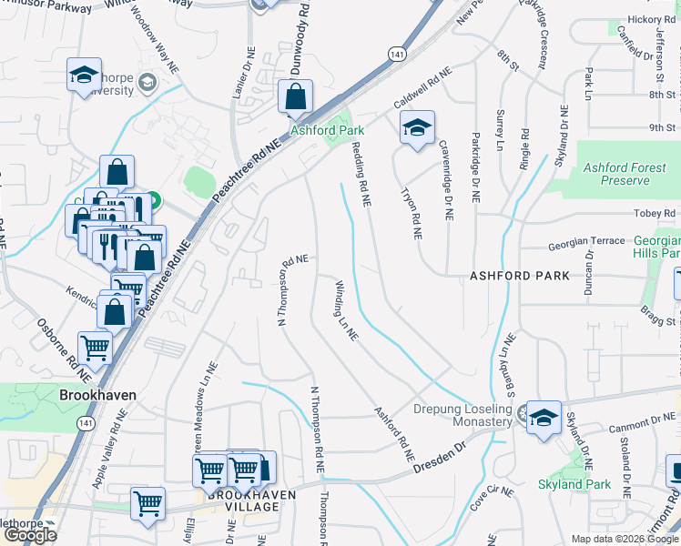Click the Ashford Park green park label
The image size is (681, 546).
pyautogui.click(x=327, y=130)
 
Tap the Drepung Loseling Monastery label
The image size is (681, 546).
pyautogui.click(x=463, y=415)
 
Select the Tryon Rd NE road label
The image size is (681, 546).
pyautogui.click(x=412, y=213)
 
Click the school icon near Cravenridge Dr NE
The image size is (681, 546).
pyautogui.click(x=417, y=127)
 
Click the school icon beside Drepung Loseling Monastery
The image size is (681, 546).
pyautogui.click(x=544, y=418)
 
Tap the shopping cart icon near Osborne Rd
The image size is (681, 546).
pyautogui.click(x=95, y=347)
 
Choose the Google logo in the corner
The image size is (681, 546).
pyautogui.click(x=29, y=536)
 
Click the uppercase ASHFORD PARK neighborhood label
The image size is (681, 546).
pyautogui.click(x=520, y=275)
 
